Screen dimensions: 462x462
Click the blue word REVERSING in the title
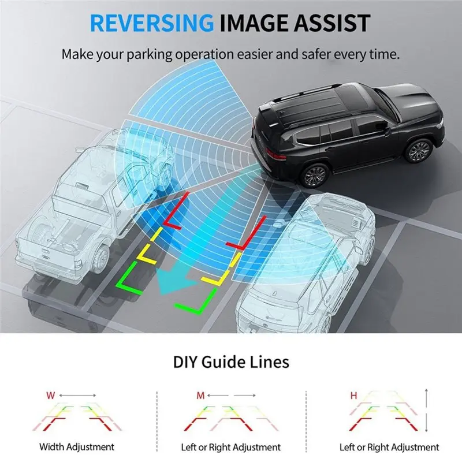tap(152, 23)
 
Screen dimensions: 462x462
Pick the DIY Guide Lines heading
tap(231, 362)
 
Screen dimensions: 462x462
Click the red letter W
tap(51, 396)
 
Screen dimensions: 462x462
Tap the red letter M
tap(200, 396)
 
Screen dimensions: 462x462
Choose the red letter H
tap(353, 396)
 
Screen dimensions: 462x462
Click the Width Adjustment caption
tap(77, 447)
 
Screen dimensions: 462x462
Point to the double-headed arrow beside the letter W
tap(77, 396)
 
